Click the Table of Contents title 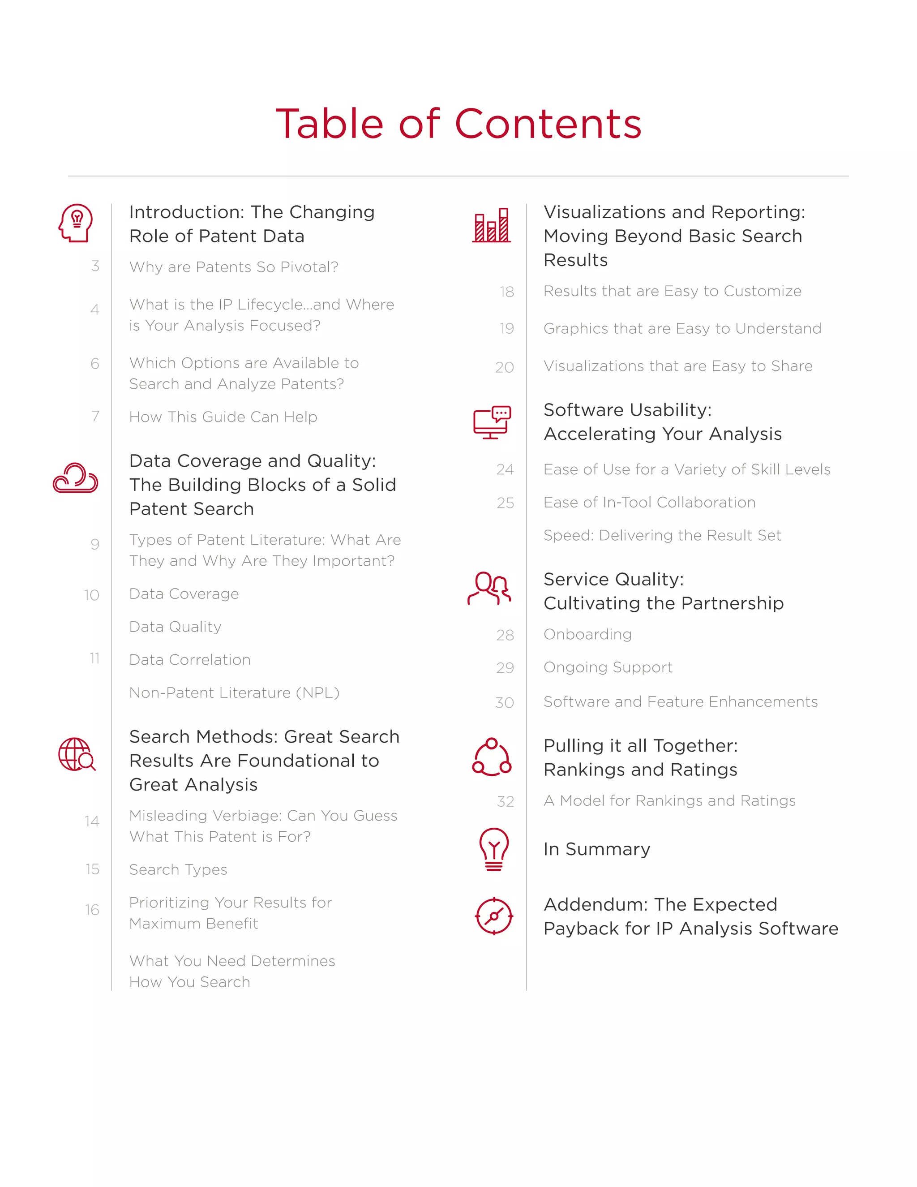pyautogui.click(x=458, y=124)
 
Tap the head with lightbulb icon pyautogui.click(x=76, y=223)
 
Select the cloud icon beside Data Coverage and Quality pyautogui.click(x=76, y=478)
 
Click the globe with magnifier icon pyautogui.click(x=77, y=754)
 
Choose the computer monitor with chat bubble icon pyautogui.click(x=492, y=422)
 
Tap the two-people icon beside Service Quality pyautogui.click(x=489, y=589)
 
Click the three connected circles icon pyautogui.click(x=492, y=757)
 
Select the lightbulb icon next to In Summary pyautogui.click(x=493, y=849)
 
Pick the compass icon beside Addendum pyautogui.click(x=494, y=916)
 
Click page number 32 pyautogui.click(x=505, y=802)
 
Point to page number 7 pyautogui.click(x=96, y=416)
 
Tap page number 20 pyautogui.click(x=505, y=367)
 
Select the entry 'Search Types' pyautogui.click(x=178, y=869)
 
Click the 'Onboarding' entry pyautogui.click(x=587, y=634)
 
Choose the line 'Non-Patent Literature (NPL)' pyautogui.click(x=234, y=693)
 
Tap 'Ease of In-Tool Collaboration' pyautogui.click(x=649, y=502)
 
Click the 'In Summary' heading pyautogui.click(x=596, y=849)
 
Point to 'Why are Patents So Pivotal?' pyautogui.click(x=234, y=267)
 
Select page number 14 pyautogui.click(x=92, y=821)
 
